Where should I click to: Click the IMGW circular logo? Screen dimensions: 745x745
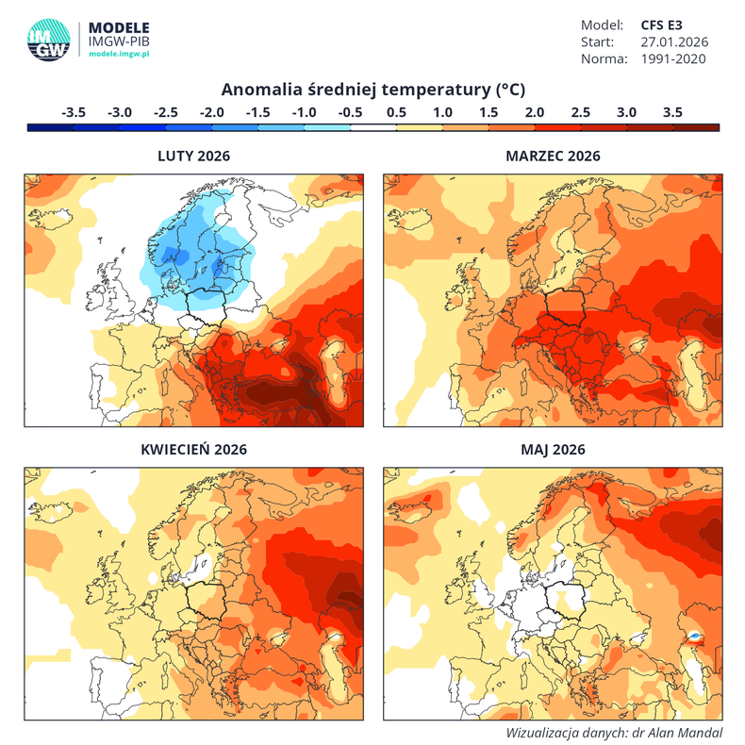pyautogui.click(x=48, y=39)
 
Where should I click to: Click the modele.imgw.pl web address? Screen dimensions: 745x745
pyautogui.click(x=120, y=57)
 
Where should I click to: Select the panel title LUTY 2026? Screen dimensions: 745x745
pyautogui.click(x=193, y=156)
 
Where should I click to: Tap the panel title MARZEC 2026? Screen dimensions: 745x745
pyautogui.click(x=553, y=156)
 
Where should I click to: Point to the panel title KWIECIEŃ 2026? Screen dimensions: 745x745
pyautogui.click(x=193, y=449)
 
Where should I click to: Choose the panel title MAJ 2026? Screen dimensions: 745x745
pyautogui.click(x=553, y=449)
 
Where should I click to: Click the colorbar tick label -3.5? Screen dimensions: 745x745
pyautogui.click(x=74, y=111)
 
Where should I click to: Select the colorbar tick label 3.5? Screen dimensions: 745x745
pyautogui.click(x=672, y=111)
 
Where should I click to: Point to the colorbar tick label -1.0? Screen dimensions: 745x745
pyautogui.click(x=304, y=111)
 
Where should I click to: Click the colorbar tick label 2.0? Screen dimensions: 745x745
pyautogui.click(x=535, y=111)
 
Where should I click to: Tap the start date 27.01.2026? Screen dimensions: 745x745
pyautogui.click(x=674, y=41)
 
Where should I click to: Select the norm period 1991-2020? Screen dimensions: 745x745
pyautogui.click(x=674, y=58)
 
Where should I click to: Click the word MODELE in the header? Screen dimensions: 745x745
pyautogui.click(x=118, y=27)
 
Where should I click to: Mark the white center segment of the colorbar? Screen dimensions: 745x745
pyautogui.click(x=373, y=126)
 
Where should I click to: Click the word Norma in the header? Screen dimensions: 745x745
pyautogui.click(x=604, y=58)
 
